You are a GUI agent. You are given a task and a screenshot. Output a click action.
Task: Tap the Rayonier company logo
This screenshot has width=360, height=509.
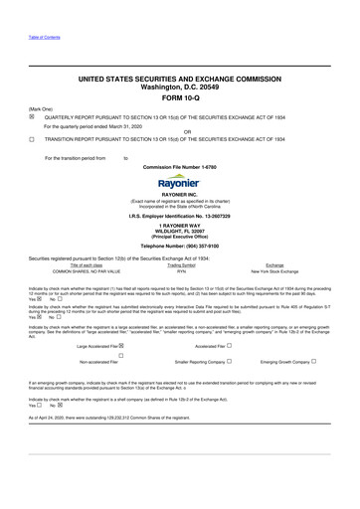pyautogui.click(x=179, y=182)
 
